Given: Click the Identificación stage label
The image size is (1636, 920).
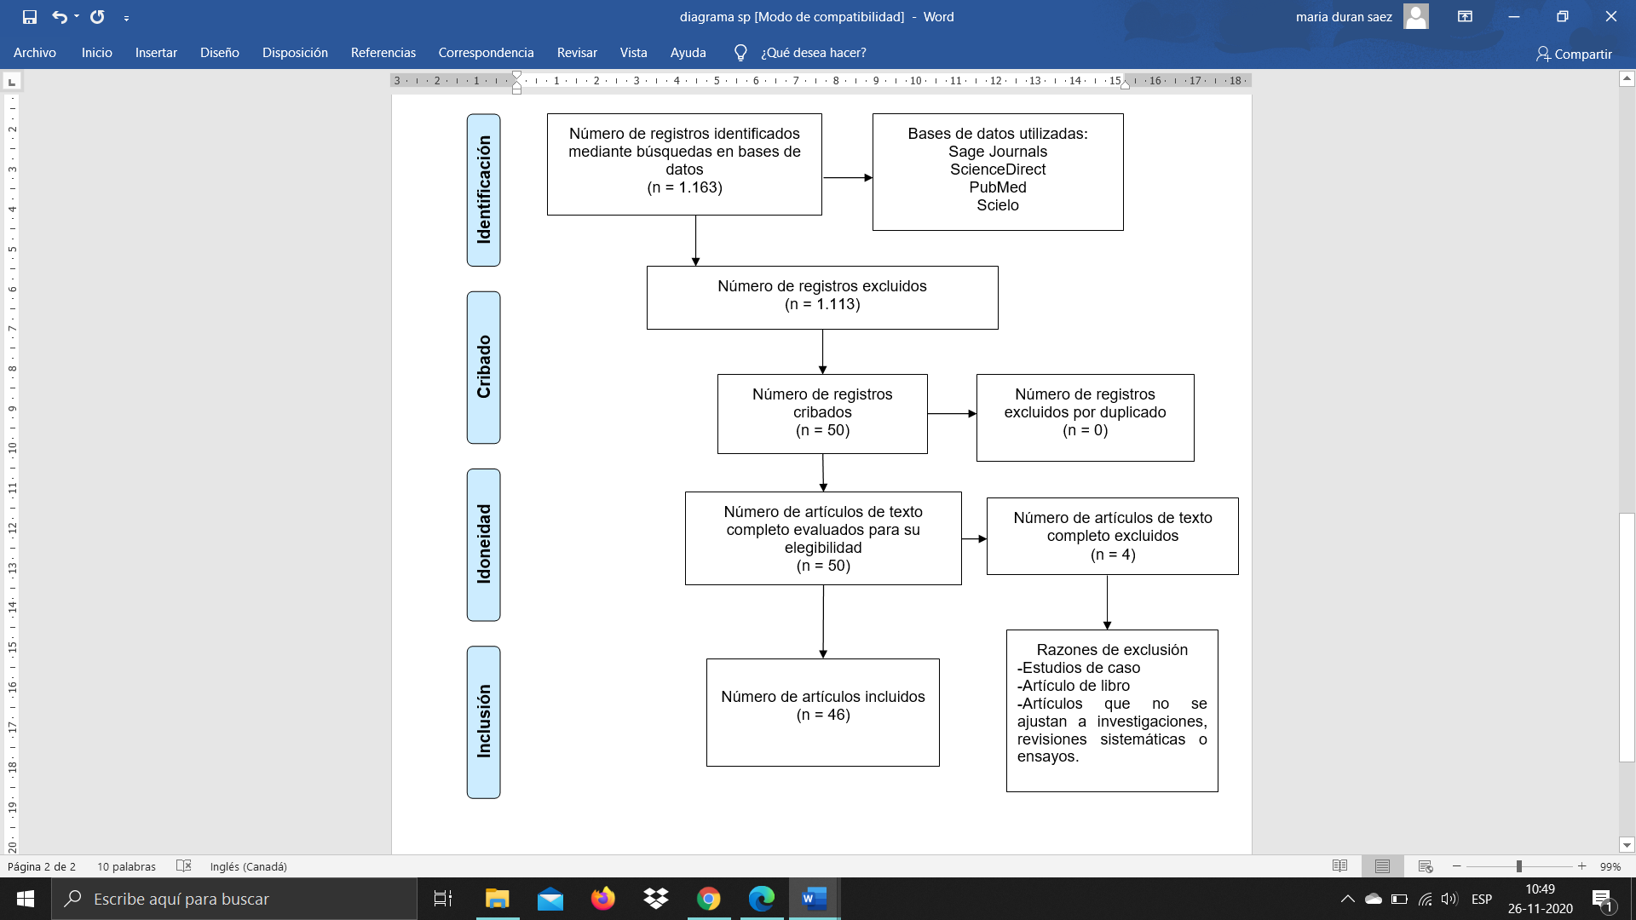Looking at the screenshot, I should pyautogui.click(x=484, y=190).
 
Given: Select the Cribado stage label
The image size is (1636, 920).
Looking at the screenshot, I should pyautogui.click(x=484, y=367).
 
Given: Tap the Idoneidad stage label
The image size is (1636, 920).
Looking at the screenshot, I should pyautogui.click(x=484, y=544).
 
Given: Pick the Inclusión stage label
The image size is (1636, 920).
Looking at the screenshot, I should pyautogui.click(x=484, y=722).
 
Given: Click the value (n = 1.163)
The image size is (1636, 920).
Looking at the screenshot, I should pyautogui.click(x=684, y=187).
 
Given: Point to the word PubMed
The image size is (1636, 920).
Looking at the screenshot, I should pyautogui.click(x=997, y=187).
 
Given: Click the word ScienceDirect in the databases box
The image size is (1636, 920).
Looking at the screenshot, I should pyautogui.click(x=997, y=170).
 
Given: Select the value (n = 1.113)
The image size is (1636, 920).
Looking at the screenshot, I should pyautogui.click(x=822, y=304).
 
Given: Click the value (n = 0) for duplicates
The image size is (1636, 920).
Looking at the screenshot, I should pyautogui.click(x=1085, y=430).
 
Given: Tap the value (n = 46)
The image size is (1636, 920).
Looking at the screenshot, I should pyautogui.click(x=823, y=715).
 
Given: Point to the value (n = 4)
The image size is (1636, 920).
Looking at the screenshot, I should pyautogui.click(x=1112, y=555).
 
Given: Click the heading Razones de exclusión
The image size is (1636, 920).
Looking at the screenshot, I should pyautogui.click(x=1112, y=650).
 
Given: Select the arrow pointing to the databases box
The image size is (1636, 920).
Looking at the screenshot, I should pyautogui.click(x=848, y=178).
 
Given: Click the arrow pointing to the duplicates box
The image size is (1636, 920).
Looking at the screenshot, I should pyautogui.click(x=952, y=414).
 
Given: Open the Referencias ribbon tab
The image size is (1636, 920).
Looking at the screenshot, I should pyautogui.click(x=383, y=53).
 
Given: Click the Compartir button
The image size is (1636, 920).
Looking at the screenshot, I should pyautogui.click(x=1574, y=54).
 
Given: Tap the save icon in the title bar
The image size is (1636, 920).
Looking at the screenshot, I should pyautogui.click(x=30, y=17).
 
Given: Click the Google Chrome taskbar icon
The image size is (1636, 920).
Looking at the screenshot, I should pyautogui.click(x=708, y=899).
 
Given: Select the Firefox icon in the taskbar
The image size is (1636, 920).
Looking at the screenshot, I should pyautogui.click(x=603, y=899).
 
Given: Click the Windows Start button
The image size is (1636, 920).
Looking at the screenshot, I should pyautogui.click(x=26, y=899).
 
